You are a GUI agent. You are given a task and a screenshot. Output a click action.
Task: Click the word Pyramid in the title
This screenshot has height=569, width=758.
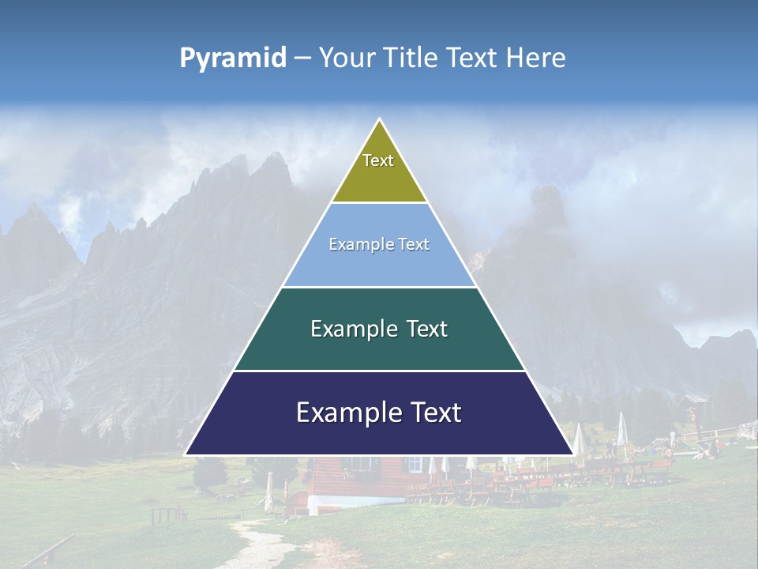click(233, 58)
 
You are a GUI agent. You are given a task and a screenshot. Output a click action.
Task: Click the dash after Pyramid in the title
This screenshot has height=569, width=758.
click(302, 58)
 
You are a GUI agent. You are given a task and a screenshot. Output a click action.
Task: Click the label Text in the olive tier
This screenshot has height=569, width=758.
click(378, 160)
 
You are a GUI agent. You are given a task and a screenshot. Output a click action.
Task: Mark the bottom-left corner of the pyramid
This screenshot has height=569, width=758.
click(187, 454)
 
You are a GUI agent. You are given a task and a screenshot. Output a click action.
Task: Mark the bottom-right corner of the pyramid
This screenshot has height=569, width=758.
click(572, 454)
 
